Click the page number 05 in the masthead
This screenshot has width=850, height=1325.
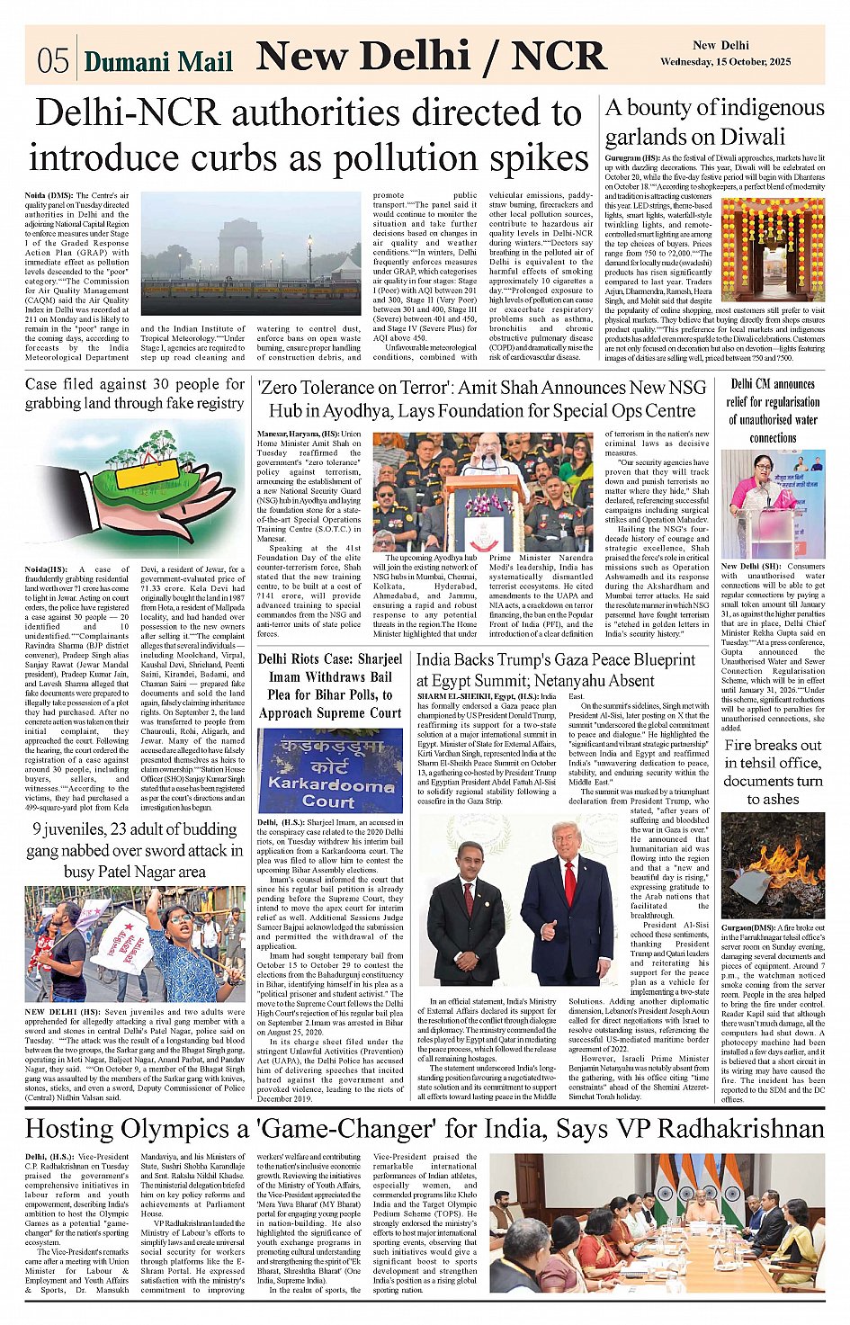(53, 60)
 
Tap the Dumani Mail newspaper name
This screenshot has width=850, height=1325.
(157, 61)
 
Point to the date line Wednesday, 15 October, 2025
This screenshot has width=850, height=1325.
(725, 62)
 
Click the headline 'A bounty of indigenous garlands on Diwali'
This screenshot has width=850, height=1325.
(714, 122)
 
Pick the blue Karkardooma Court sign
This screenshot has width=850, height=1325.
(329, 771)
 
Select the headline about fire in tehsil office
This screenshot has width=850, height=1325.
(773, 772)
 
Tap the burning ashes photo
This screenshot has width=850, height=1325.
(773, 866)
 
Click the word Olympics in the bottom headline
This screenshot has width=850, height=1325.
(183, 1129)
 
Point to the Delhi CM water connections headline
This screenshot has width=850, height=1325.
(773, 410)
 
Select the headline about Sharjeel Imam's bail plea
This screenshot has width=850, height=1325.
(329, 685)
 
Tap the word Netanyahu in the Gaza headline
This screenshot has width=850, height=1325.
(586, 680)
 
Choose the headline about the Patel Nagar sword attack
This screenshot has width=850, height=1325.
(135, 850)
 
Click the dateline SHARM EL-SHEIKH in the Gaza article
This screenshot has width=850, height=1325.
(453, 697)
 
